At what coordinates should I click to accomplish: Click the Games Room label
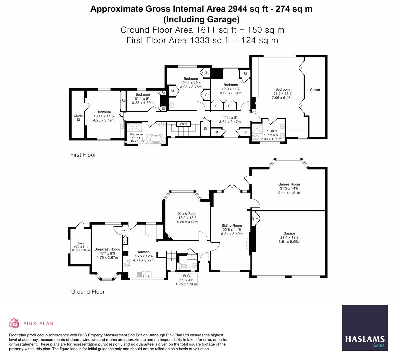289,184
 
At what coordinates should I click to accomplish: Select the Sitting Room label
231,226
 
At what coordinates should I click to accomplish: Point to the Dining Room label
187,214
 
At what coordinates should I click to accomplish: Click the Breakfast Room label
107,249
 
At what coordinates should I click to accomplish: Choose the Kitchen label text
144,252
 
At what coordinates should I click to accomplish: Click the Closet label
315,90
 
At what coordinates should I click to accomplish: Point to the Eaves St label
78,117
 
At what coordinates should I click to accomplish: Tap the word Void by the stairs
183,124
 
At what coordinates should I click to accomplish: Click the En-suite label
271,131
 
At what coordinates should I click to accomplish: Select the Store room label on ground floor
81,243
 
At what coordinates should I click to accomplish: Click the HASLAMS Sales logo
365,328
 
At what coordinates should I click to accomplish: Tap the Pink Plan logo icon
14,323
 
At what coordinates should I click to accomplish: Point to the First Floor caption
83,155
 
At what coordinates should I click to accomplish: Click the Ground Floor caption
88,292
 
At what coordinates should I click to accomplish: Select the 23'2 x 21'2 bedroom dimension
282,94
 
